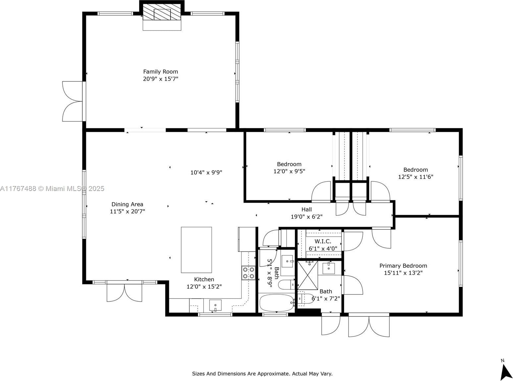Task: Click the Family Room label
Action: click(161, 72)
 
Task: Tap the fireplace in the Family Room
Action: click(162, 16)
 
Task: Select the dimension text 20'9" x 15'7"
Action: click(161, 79)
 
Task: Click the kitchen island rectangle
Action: click(196, 250)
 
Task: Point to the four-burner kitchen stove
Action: click(249, 273)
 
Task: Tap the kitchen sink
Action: click(215, 305)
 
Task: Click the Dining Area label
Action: click(127, 204)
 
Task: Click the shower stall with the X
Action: click(308, 275)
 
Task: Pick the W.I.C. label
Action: click(323, 241)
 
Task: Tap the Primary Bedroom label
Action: click(403, 266)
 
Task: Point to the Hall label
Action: click(306, 210)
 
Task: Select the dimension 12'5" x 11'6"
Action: click(415, 177)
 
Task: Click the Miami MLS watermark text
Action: click(52, 189)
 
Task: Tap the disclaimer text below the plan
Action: click(262, 374)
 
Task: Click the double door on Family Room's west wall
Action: click(73, 101)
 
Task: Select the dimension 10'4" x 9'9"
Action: click(206, 172)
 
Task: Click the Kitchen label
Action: click(204, 279)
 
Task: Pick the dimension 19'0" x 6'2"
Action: click(306, 217)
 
